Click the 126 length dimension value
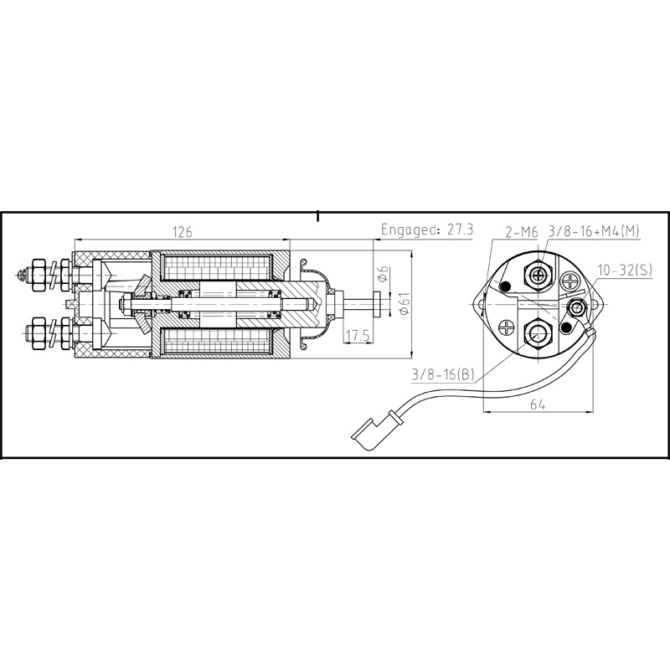(182, 232)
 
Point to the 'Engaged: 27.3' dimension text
(427, 229)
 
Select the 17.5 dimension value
(357, 335)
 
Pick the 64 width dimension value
(537, 405)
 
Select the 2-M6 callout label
(522, 232)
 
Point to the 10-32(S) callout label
(624, 270)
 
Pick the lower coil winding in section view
(219, 345)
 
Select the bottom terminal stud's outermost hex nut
(37, 332)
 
